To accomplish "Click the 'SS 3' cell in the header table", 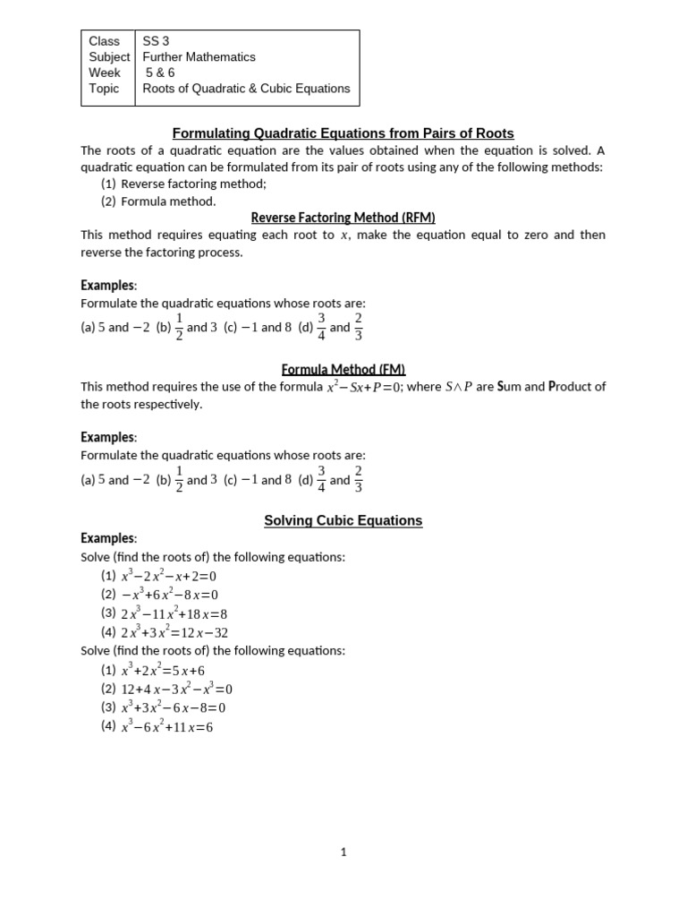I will [156, 41].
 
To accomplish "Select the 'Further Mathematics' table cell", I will [199, 57].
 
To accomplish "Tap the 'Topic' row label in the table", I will [104, 89].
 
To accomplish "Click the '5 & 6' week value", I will [160, 73].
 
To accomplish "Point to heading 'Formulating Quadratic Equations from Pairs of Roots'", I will [343, 133].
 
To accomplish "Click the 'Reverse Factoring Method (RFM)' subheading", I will [343, 218].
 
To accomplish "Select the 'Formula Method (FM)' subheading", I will [343, 369].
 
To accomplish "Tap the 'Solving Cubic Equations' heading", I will [343, 520].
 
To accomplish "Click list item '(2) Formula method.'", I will [158, 201].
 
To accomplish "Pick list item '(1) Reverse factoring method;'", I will [183, 184].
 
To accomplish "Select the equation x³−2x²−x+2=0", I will [169, 576].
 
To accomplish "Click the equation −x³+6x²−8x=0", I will [169, 595].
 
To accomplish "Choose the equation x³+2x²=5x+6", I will [165, 670].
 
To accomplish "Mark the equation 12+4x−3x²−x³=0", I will [176, 689].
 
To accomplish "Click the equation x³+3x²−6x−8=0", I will [173, 707].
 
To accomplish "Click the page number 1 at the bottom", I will [343, 853].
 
